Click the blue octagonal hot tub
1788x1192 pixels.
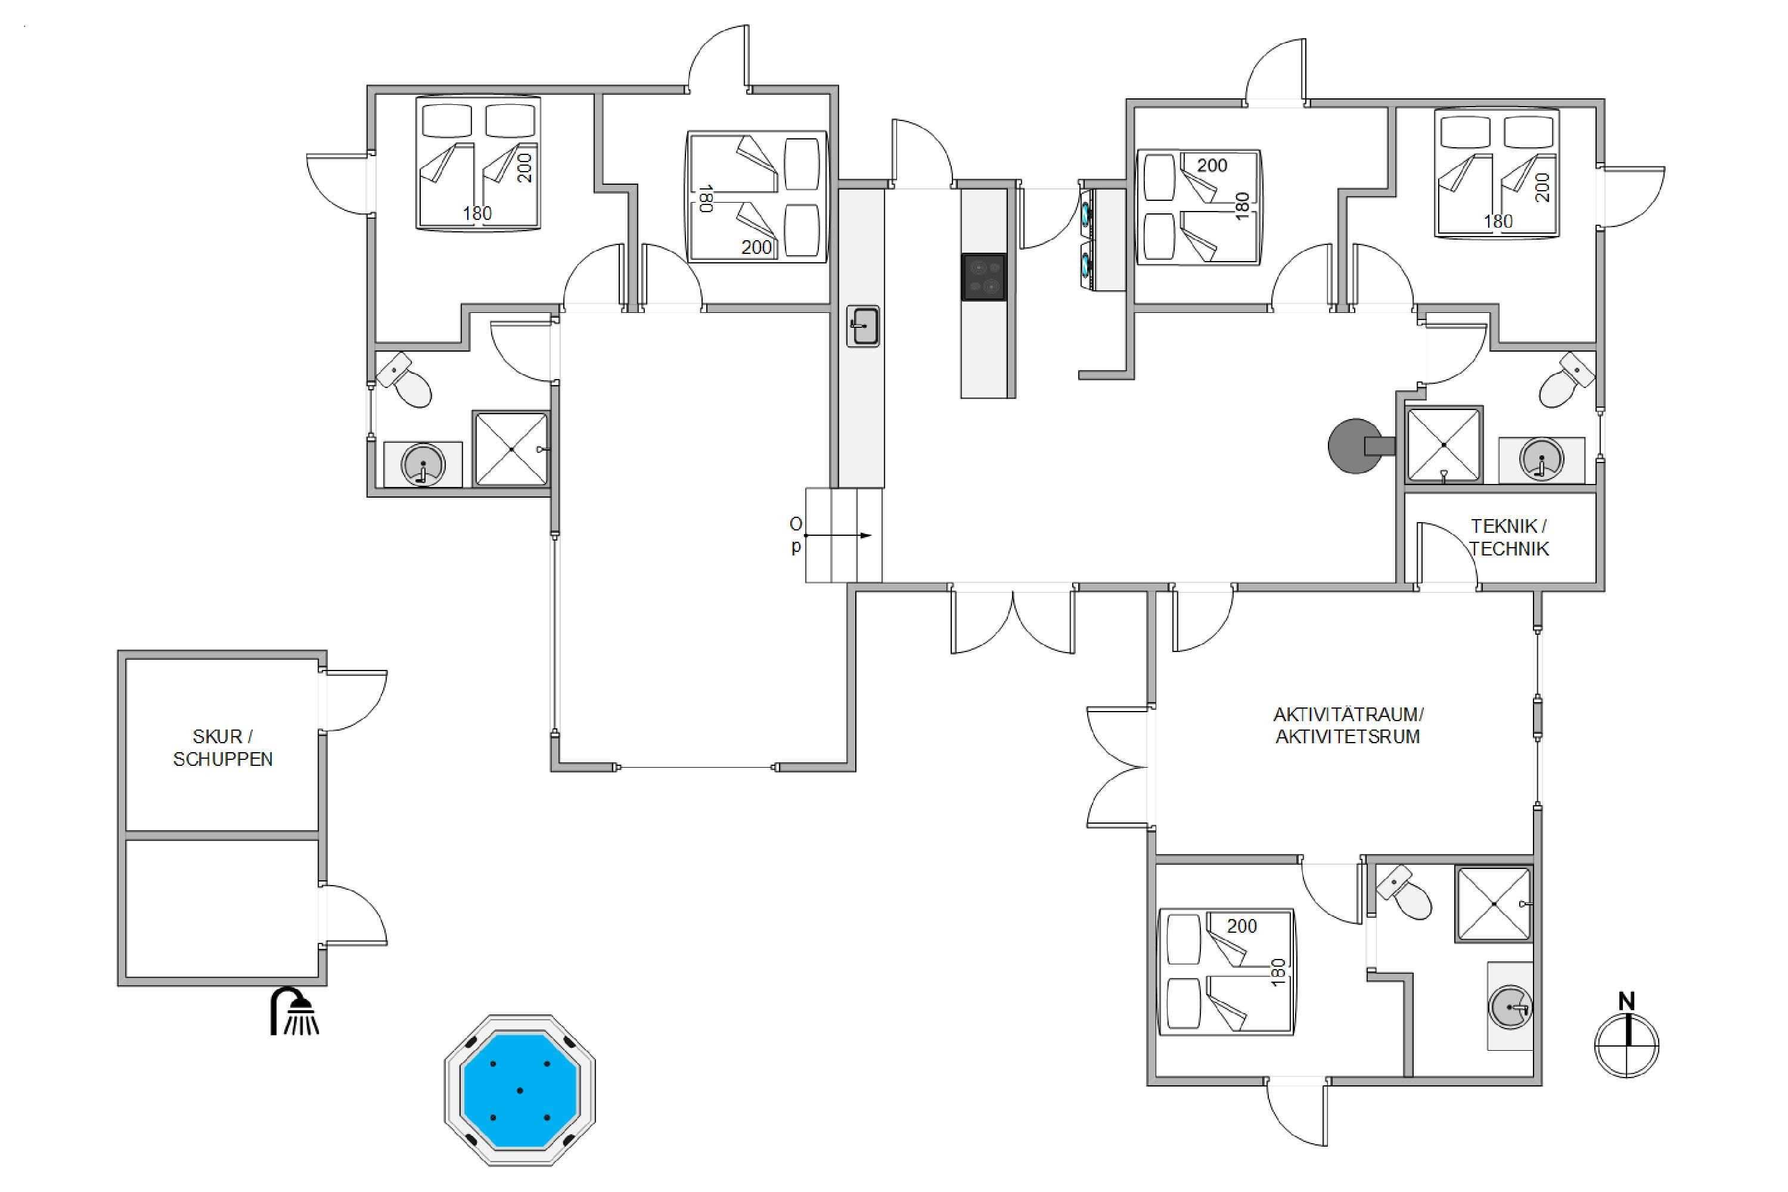pos(520,1089)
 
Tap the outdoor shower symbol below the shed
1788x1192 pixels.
pos(295,1011)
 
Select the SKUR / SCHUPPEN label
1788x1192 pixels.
pos(223,747)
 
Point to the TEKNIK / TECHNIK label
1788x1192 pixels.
pos(1508,537)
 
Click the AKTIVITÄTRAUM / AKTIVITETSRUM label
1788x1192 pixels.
pos(1348,725)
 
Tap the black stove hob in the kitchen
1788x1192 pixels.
pos(984,277)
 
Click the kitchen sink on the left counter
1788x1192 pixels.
pos(863,327)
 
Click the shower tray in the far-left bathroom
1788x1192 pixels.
pos(511,449)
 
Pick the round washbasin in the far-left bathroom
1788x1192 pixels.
pos(423,464)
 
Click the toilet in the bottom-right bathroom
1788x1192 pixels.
pos(1405,894)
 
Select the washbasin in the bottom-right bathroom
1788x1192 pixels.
pos(1510,1007)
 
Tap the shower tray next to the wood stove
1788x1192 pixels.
pos(1444,445)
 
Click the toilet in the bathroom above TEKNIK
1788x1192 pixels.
pos(1566,380)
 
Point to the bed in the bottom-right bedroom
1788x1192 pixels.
pos(1225,971)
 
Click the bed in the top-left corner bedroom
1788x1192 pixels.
pos(478,162)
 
